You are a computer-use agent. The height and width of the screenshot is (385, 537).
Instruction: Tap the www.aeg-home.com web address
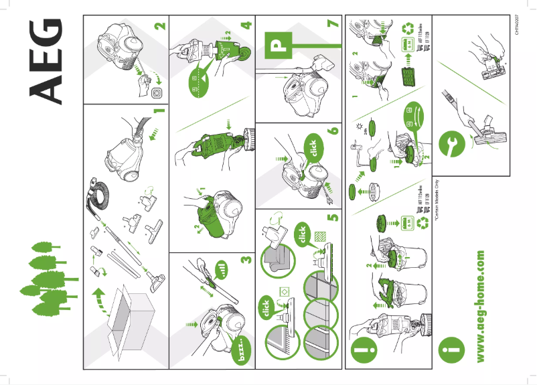(479, 307)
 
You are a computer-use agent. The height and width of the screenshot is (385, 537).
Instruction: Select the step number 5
(333, 216)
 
